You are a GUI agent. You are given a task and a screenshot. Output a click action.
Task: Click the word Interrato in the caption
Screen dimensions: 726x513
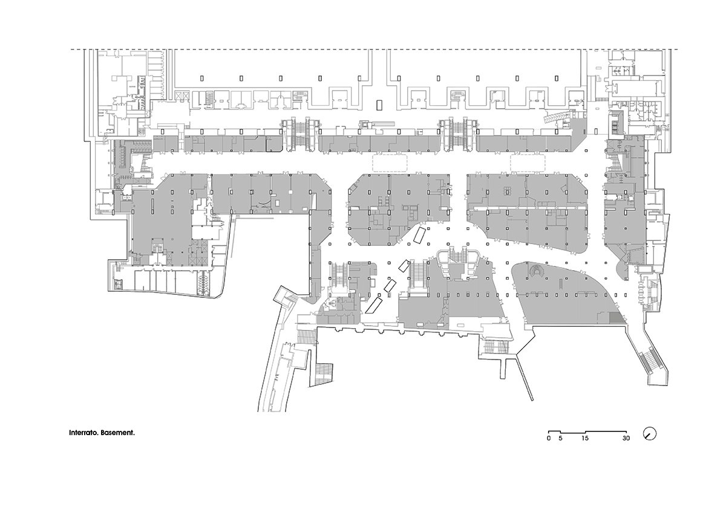coord(83,433)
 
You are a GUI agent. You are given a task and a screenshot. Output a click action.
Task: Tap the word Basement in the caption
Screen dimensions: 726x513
coord(117,433)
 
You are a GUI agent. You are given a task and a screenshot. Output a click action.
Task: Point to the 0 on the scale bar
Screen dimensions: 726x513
coord(548,438)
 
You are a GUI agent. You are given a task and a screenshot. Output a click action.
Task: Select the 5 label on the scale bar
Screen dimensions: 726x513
coord(560,438)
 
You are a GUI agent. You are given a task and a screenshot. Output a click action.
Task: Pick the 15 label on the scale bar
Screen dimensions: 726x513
coord(584,438)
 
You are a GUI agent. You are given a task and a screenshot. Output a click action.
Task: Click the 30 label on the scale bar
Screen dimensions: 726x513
coord(626,438)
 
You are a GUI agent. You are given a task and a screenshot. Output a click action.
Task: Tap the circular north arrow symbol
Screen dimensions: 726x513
coord(650,434)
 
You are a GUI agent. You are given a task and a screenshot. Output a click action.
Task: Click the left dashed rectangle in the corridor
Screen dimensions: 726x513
coord(390,163)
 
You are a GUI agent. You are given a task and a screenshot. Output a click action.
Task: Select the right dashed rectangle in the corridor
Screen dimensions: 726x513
coord(528,163)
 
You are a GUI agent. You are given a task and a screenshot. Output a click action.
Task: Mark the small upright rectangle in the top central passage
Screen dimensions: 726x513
coord(379,105)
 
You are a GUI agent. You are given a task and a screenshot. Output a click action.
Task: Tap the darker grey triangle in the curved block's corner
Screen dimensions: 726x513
coord(616,318)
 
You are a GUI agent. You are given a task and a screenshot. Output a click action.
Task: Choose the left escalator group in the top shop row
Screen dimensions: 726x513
coord(300,134)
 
